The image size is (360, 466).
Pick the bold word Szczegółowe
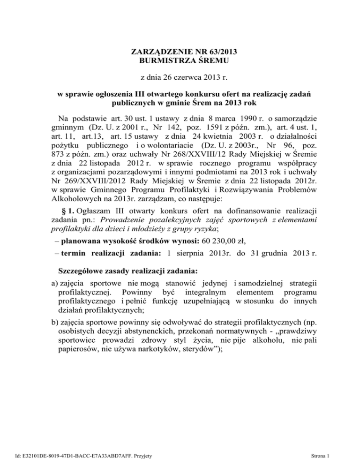[x=85, y=285]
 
